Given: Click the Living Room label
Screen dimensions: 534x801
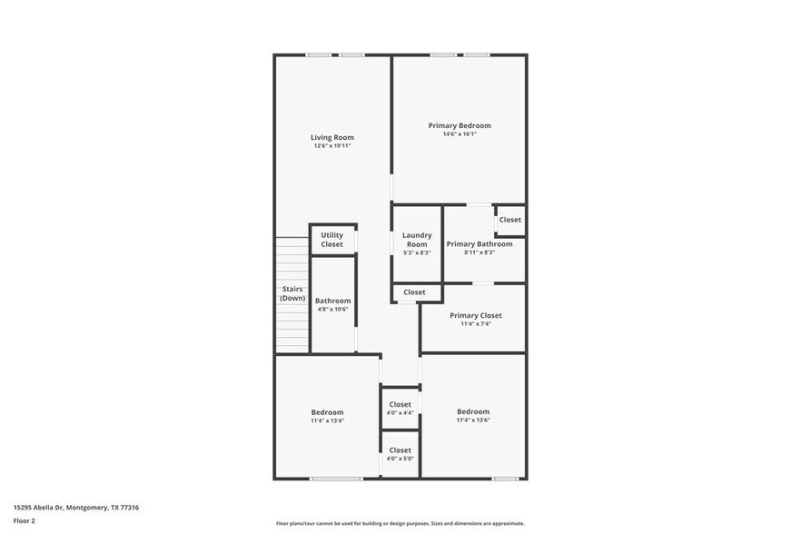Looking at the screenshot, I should click(332, 137).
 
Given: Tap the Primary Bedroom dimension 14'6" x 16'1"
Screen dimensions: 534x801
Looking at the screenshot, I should click(460, 134).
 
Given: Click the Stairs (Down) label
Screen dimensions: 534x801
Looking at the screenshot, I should click(292, 293).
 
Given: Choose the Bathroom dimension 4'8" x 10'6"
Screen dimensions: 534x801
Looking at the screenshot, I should click(332, 309).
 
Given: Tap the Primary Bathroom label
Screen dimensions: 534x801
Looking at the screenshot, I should click(480, 243).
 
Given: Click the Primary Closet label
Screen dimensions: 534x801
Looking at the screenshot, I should click(476, 315).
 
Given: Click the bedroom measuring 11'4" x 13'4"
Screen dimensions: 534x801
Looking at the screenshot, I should click(327, 416).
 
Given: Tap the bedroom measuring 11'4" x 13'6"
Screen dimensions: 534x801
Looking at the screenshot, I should click(473, 415).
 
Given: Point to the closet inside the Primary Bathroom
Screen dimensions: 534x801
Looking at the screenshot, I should click(510, 220).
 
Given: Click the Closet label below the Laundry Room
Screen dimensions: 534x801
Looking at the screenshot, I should click(414, 292).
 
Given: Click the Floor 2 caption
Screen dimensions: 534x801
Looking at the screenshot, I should click(24, 521).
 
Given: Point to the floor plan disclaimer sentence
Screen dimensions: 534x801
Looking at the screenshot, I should click(400, 523).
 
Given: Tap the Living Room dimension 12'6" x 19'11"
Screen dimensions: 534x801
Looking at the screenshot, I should click(332, 145).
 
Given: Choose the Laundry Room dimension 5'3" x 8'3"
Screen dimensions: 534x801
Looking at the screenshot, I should click(417, 252).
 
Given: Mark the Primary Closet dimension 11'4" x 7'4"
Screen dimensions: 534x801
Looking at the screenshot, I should click(476, 324).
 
